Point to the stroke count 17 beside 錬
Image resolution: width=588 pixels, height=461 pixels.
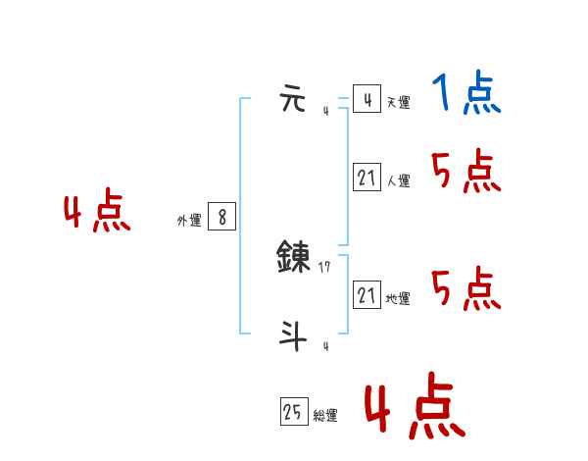pyautogui.click(x=324, y=267)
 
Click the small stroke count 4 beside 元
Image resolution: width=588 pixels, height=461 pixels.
pyautogui.click(x=325, y=111)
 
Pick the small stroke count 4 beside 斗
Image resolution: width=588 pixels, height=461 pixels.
pyautogui.click(x=325, y=346)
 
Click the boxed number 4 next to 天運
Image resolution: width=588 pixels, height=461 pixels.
pyautogui.click(x=367, y=100)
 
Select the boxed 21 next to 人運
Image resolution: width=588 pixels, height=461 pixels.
pyautogui.click(x=367, y=178)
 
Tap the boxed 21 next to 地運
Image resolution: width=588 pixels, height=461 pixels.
pyautogui.click(x=367, y=295)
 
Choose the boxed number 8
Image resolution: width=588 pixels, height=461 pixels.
pyautogui.click(x=222, y=218)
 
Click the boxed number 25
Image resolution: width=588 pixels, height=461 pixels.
pyautogui.click(x=293, y=413)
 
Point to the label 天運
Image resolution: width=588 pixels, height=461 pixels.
pyautogui.click(x=398, y=102)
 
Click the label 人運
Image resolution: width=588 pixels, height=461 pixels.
pyautogui.click(x=398, y=180)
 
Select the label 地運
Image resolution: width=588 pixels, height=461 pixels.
pyautogui.click(x=398, y=298)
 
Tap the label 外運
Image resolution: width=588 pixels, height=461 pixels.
pyautogui.click(x=189, y=221)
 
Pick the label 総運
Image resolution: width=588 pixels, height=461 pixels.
pyautogui.click(x=325, y=416)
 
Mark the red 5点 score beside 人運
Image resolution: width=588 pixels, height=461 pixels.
pyautogui.click(x=466, y=174)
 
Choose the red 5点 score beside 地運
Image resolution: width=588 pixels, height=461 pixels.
pyautogui.click(x=466, y=289)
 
